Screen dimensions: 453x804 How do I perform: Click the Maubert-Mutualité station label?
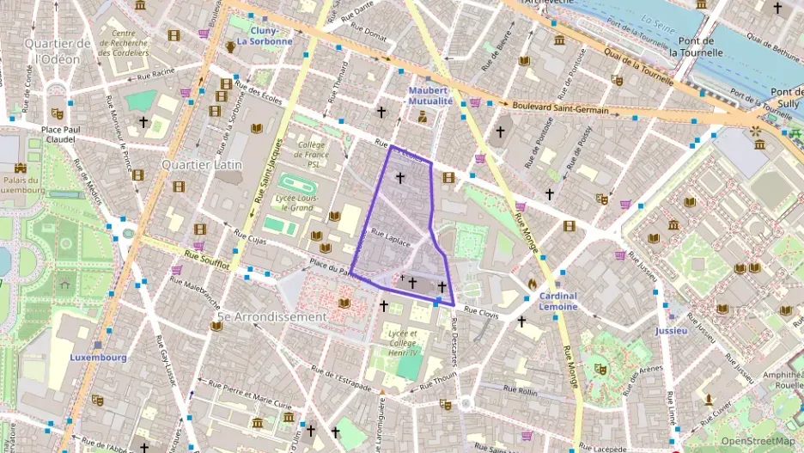[429, 95]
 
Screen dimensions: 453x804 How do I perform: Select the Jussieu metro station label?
[671, 330]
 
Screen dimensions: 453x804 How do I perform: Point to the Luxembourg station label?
[98, 357]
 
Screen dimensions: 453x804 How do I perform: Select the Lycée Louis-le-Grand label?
[295, 201]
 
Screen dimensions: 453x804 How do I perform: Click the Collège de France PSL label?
[310, 155]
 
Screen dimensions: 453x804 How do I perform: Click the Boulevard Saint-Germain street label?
[561, 108]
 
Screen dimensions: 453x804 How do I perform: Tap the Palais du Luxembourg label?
[21, 186]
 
